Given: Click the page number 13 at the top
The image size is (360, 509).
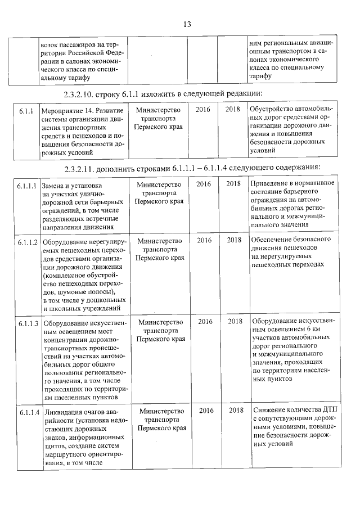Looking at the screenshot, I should coord(187,24).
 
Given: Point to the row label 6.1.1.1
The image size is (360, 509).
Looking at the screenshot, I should coord(26,185).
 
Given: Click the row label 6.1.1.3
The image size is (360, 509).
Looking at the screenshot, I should coord(27,323).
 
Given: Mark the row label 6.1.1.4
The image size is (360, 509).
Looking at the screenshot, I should coord(27,412).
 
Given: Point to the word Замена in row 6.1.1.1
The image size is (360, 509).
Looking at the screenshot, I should coord(52,185).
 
